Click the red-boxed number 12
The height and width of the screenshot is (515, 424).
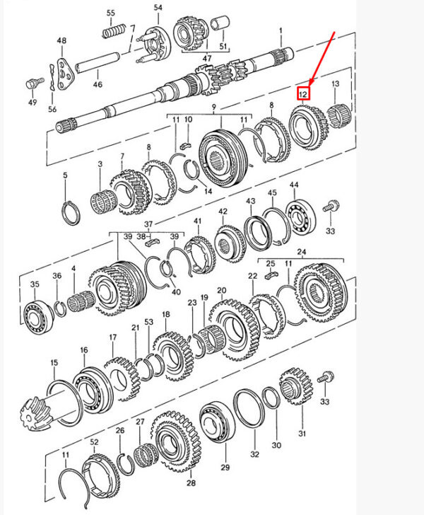click(x=303, y=94)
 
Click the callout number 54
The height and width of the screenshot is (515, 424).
click(x=158, y=7)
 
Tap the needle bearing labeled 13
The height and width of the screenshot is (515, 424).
click(x=340, y=115)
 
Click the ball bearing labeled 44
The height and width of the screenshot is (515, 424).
click(x=300, y=216)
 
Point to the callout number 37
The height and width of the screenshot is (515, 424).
click(x=148, y=224)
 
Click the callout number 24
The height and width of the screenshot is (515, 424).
click(x=301, y=252)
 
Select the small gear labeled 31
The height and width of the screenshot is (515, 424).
click(x=296, y=386)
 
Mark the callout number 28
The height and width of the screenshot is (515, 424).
click(x=191, y=482)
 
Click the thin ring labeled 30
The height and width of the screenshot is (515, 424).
click(x=271, y=398)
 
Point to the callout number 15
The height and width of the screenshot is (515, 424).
click(x=54, y=363)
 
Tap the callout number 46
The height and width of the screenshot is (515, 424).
click(x=98, y=84)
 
